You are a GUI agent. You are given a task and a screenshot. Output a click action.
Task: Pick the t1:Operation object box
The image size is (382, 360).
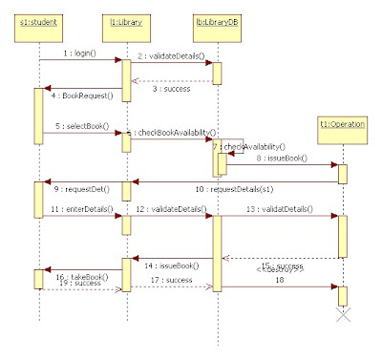(342, 123)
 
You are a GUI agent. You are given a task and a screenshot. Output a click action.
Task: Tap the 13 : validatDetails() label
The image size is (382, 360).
(273, 208)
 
